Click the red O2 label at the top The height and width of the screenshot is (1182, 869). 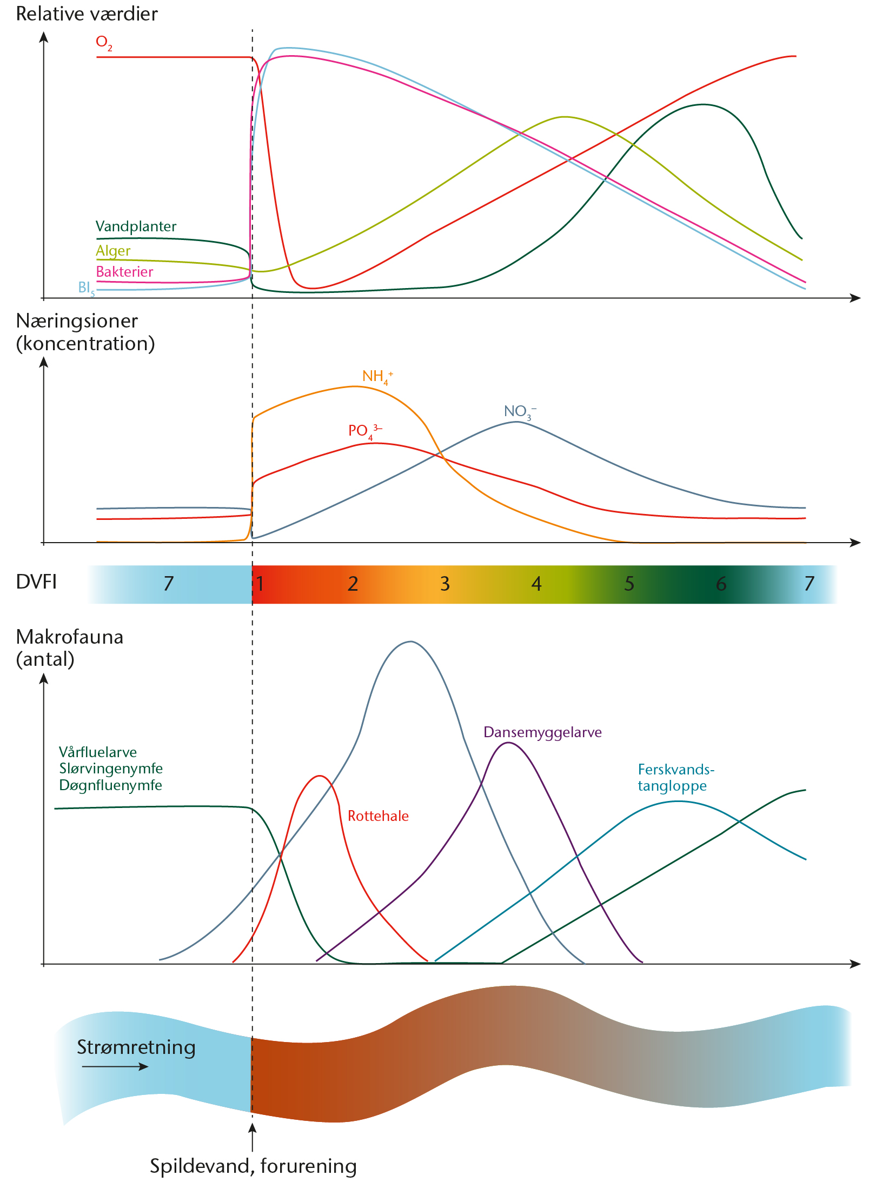click(x=104, y=43)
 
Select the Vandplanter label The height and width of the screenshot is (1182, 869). click(x=136, y=226)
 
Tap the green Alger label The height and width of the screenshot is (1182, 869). click(x=113, y=251)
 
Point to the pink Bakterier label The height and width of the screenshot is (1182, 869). click(x=124, y=271)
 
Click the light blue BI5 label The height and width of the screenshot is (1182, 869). click(x=86, y=288)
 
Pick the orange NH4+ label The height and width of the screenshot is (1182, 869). click(x=377, y=376)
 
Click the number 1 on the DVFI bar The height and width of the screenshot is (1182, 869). click(x=260, y=584)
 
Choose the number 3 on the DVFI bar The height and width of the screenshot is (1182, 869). click(x=445, y=584)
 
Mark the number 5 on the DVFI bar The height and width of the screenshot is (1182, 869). click(x=629, y=584)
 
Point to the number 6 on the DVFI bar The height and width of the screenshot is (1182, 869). click(x=721, y=584)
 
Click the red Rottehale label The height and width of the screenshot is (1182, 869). click(x=378, y=816)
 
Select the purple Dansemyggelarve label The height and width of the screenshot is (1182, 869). click(x=542, y=732)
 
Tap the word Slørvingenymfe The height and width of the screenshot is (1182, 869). click(x=111, y=769)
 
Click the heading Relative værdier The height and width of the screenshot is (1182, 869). click(x=87, y=14)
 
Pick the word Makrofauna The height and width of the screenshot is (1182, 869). click(x=70, y=637)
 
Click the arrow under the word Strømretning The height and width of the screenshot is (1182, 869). click(x=115, y=1066)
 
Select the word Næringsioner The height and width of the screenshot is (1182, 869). click(x=77, y=321)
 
